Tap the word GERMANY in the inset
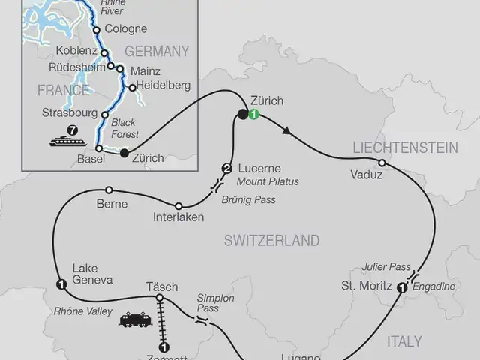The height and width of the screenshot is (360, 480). [x=156, y=52]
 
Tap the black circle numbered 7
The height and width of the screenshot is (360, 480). [x=73, y=130]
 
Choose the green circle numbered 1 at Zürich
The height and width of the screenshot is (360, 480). [x=254, y=115]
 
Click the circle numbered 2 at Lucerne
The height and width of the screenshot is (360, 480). [x=227, y=168]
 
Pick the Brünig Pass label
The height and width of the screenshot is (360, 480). [x=249, y=200]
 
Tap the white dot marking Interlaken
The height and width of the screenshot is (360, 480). [x=178, y=206]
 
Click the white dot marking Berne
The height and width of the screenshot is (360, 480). [x=109, y=190]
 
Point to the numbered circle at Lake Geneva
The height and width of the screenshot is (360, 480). [x=61, y=283]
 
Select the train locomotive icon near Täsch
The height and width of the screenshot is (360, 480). [x=136, y=319]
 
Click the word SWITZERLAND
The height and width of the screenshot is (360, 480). [x=271, y=241]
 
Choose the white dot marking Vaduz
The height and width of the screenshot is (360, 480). [x=382, y=163]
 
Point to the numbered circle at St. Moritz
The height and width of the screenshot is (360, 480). [x=403, y=286]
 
